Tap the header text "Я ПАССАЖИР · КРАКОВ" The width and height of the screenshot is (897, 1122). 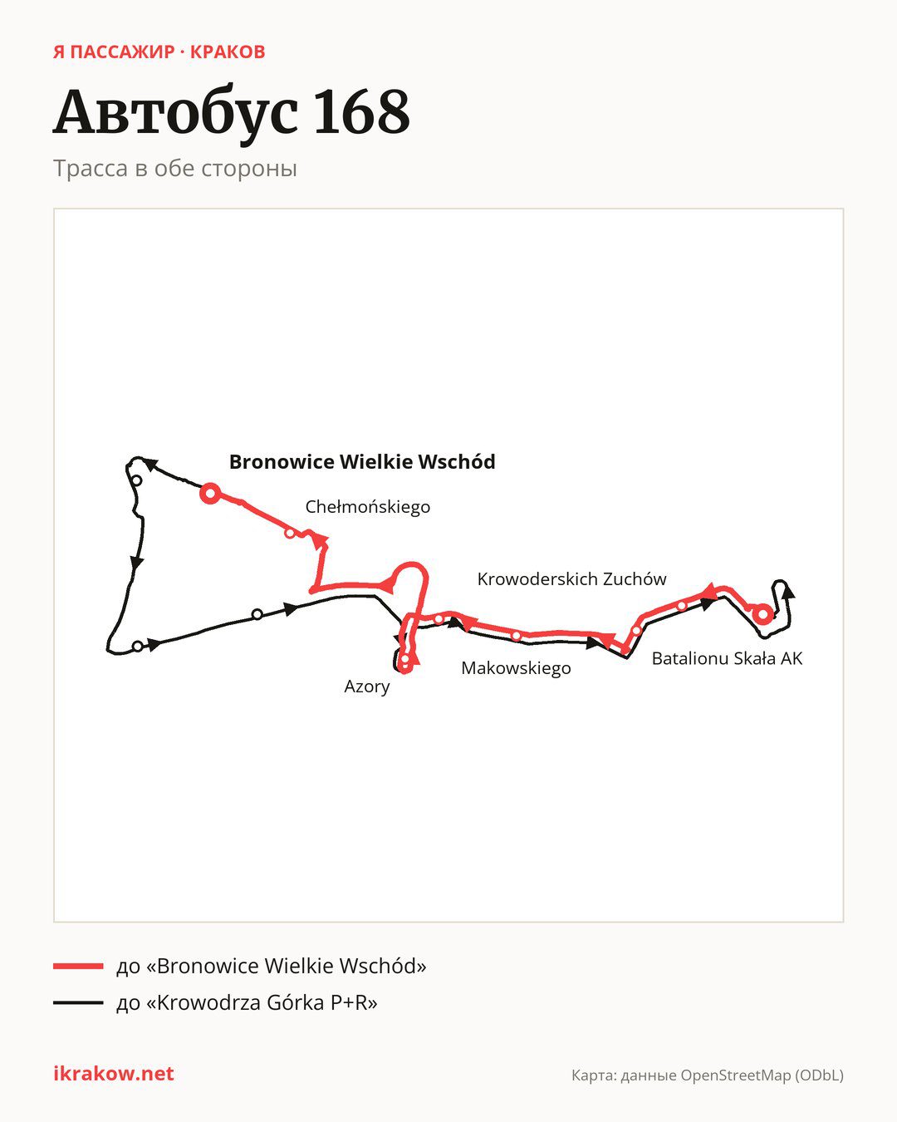159,52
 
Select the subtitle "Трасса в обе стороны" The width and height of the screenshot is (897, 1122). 175,169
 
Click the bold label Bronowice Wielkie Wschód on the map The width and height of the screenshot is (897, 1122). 362,462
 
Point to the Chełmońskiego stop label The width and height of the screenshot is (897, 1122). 368,507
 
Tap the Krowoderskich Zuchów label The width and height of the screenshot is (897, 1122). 571,578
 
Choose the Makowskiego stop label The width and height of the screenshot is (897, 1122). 516,668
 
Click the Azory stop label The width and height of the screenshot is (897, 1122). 367,686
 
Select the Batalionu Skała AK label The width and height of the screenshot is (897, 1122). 727,658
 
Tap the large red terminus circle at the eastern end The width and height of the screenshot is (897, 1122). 762,614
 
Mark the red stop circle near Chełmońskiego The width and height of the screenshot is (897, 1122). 290,533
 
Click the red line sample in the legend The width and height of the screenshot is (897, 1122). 78,966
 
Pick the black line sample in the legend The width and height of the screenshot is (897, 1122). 78,1002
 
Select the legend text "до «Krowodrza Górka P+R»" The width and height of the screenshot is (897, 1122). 247,1002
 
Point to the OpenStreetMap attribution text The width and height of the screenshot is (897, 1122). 708,1075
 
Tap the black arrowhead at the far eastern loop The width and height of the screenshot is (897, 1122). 788,591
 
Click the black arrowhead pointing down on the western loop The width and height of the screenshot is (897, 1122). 136,563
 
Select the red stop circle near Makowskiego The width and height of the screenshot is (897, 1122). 516,636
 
